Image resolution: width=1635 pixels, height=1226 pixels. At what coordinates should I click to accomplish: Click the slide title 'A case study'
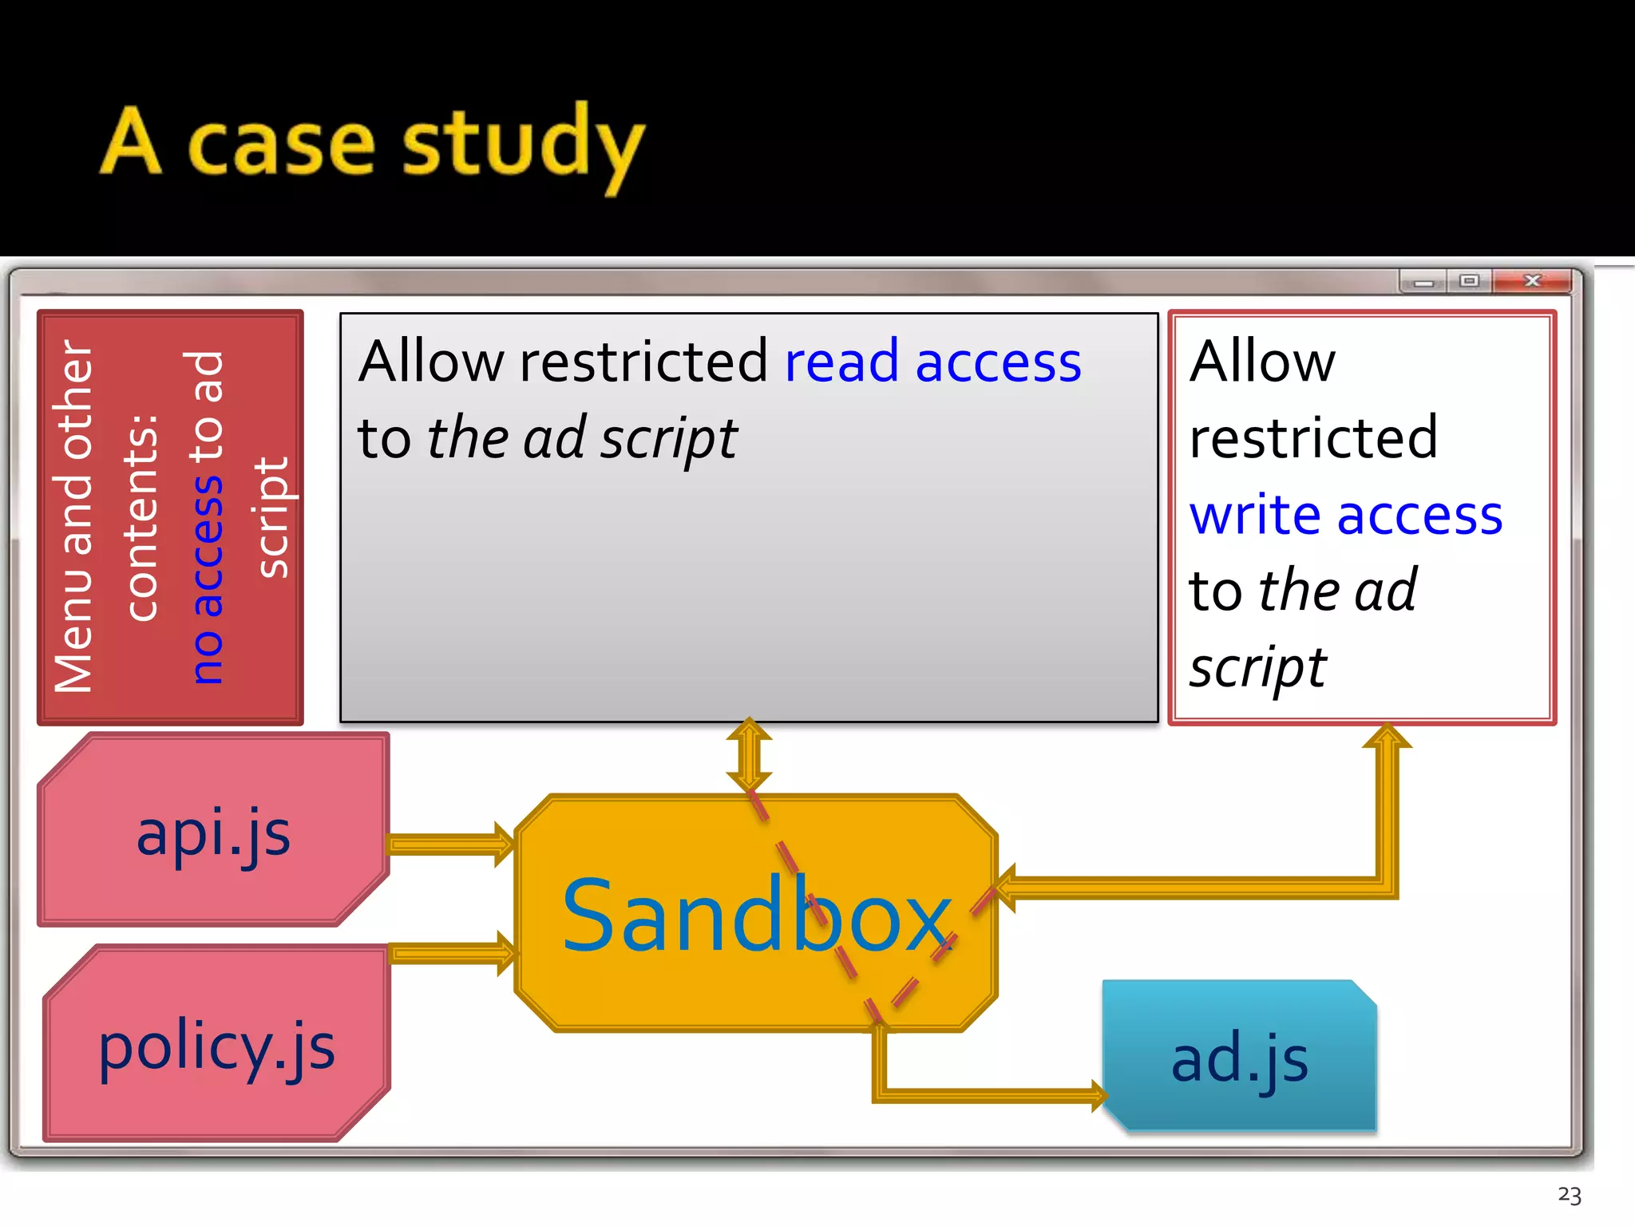[x=372, y=144]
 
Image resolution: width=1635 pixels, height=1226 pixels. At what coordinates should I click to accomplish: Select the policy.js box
[x=216, y=1046]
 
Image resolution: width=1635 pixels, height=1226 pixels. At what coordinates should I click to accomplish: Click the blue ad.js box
[x=1239, y=1058]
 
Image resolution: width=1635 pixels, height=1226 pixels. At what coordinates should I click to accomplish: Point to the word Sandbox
[x=757, y=916]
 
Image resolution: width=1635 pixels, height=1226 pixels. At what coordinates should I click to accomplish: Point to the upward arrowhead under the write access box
[x=1388, y=736]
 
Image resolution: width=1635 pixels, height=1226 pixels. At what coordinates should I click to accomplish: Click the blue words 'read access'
[x=932, y=362]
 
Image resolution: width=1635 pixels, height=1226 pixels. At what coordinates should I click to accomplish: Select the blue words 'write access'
[x=1346, y=515]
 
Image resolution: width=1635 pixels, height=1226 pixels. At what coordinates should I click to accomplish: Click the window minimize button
[x=1423, y=282]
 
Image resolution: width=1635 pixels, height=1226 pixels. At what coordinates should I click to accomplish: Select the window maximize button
[x=1469, y=281]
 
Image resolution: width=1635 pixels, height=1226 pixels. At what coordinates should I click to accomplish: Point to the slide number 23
[x=1569, y=1195]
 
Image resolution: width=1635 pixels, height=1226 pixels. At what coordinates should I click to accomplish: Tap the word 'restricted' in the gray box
[x=643, y=362]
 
